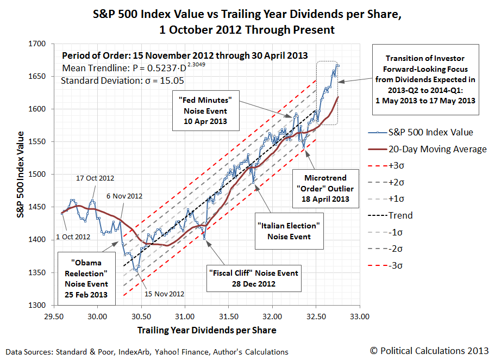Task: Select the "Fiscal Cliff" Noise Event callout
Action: coord(254,278)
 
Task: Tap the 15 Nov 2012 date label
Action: coord(164,294)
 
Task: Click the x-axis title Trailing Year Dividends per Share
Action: coord(206,330)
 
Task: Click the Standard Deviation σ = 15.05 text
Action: coord(109,81)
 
